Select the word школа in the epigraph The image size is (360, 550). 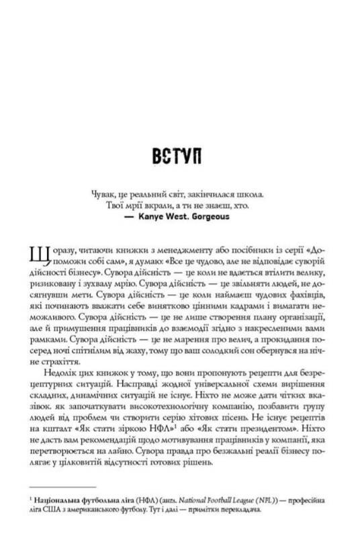coord(253,193)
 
